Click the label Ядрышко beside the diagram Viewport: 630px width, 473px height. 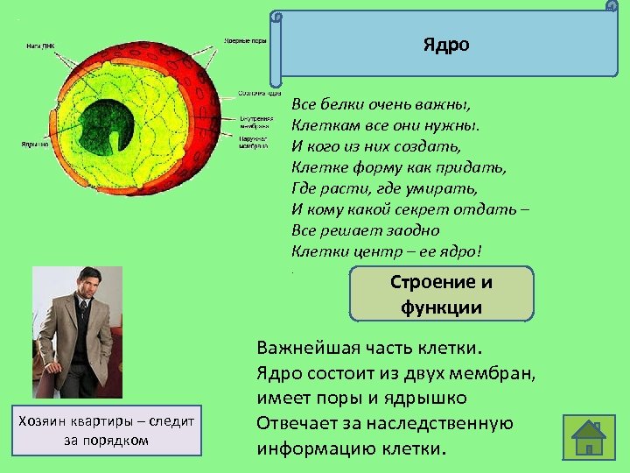[36, 145]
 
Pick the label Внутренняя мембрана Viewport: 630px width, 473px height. [256, 122]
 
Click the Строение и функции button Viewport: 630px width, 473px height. [441, 294]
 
